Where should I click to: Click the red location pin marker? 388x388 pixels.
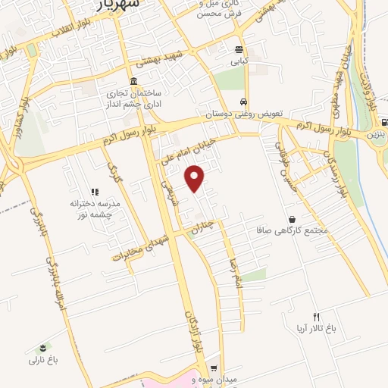click(x=196, y=178)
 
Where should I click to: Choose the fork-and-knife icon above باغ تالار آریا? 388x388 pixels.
click(x=317, y=317)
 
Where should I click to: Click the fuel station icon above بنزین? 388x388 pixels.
click(x=384, y=122)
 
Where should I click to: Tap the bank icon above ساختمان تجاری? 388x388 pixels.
click(x=133, y=81)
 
